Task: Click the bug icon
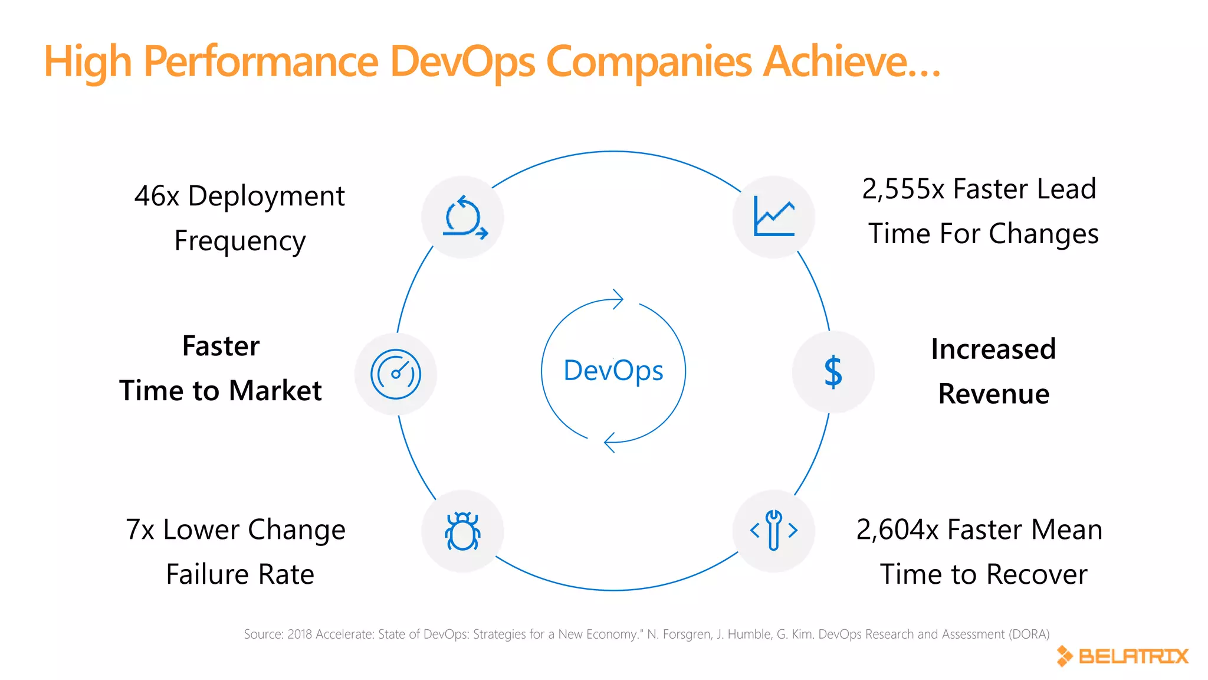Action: [462, 531]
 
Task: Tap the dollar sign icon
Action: [833, 372]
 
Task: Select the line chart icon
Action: [774, 217]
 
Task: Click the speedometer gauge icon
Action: [396, 374]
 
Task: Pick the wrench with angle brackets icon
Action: [774, 531]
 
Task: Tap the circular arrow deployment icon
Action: [464, 217]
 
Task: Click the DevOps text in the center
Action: [613, 371]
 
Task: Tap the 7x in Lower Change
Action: [140, 529]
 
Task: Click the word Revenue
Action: [994, 394]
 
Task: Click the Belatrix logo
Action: [1122, 656]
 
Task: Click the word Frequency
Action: [240, 241]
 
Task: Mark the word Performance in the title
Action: [261, 61]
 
